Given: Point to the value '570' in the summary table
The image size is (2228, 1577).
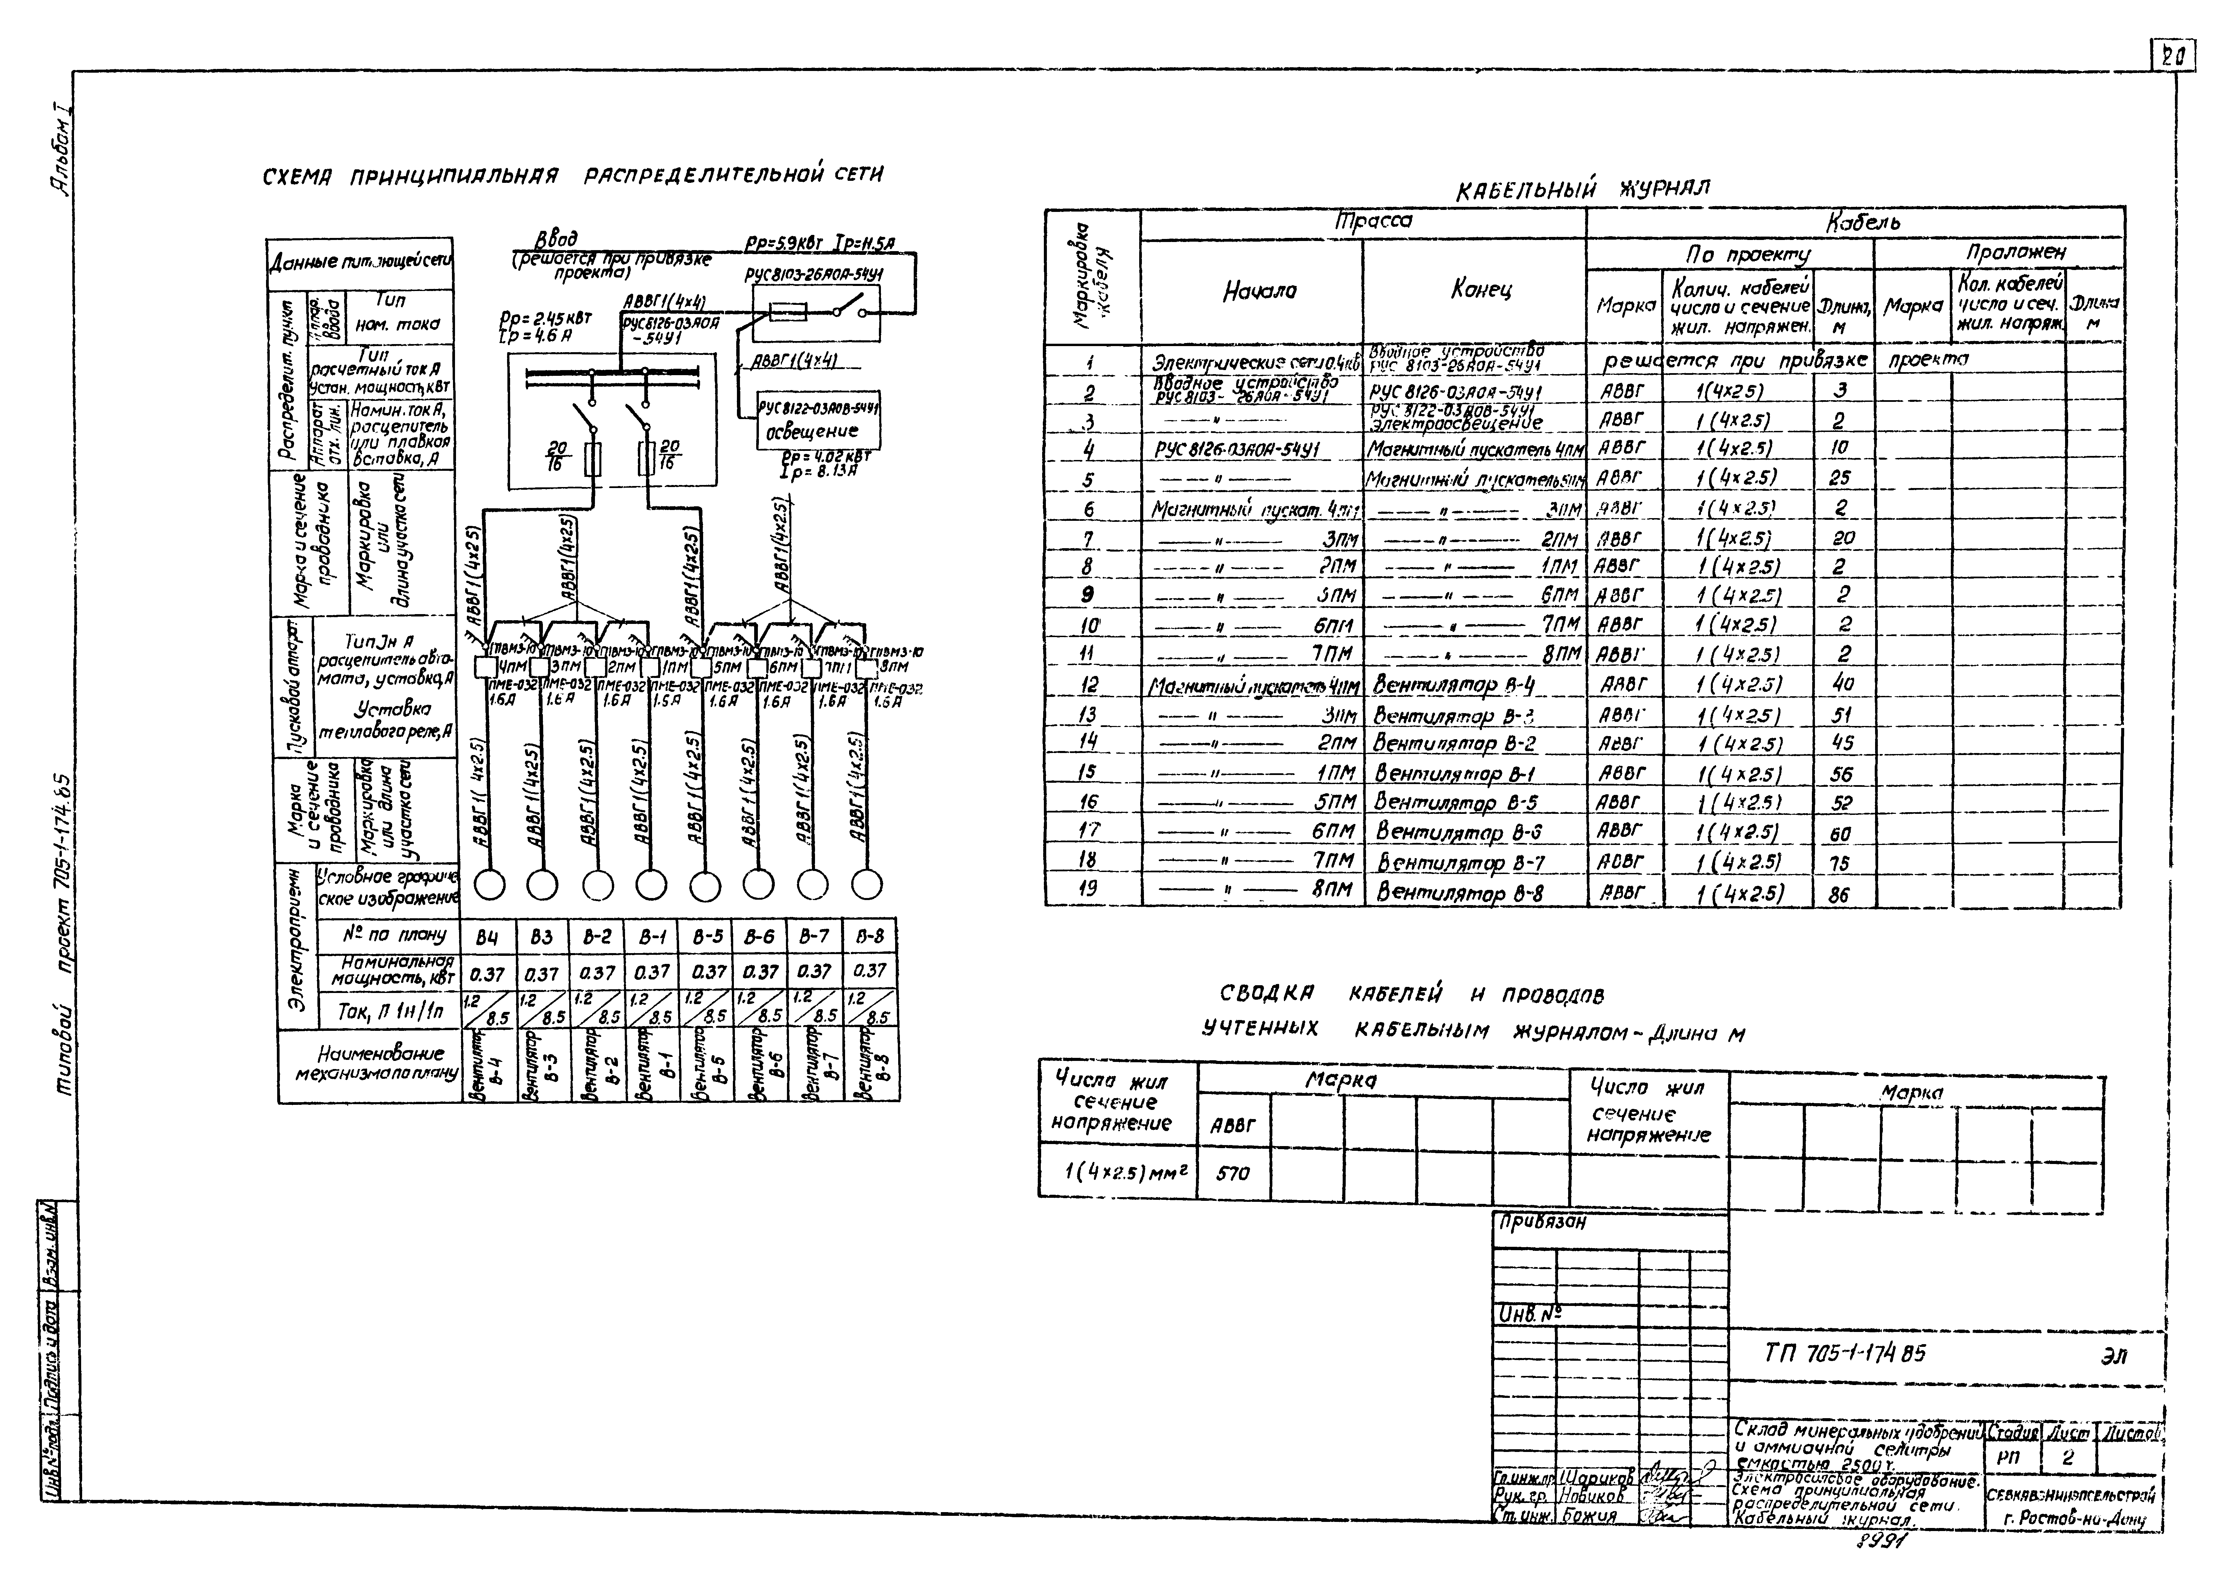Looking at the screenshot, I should tap(1232, 1173).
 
